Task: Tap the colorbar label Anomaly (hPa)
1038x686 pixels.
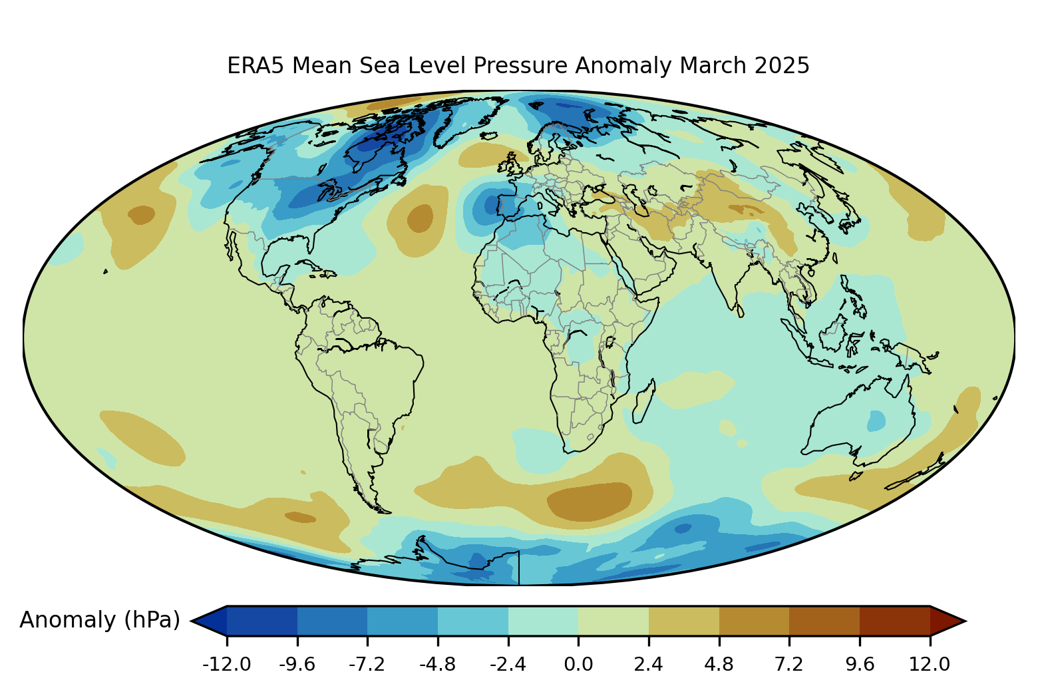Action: (100, 620)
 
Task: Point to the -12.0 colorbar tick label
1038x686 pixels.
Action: (226, 664)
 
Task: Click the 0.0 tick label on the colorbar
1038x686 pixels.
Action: (578, 664)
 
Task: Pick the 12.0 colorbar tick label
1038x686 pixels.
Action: (930, 664)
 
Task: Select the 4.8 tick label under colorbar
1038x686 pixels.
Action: (719, 664)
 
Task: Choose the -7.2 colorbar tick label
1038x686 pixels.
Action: (367, 664)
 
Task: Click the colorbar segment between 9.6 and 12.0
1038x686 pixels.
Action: (894, 621)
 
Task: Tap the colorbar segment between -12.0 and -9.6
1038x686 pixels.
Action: (262, 621)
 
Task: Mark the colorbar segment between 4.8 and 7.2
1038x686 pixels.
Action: (754, 621)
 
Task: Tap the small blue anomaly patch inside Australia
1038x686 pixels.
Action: (876, 421)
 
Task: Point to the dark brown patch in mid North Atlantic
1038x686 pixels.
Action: (420, 218)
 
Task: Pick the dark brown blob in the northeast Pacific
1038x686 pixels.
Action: (141, 215)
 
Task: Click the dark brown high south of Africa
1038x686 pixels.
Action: (590, 500)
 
